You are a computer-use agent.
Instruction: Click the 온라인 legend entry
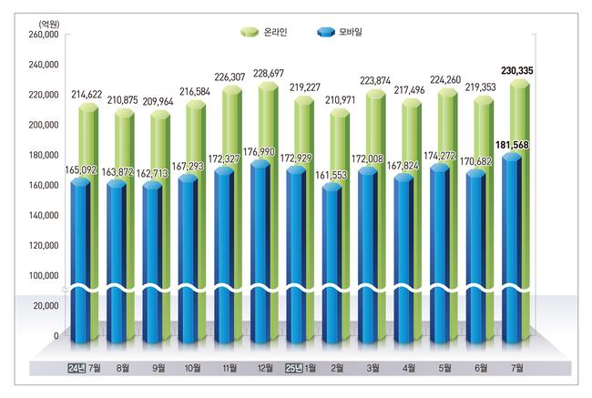[263, 32]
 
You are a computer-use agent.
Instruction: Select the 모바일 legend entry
[339, 32]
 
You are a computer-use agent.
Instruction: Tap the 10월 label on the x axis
[193, 369]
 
